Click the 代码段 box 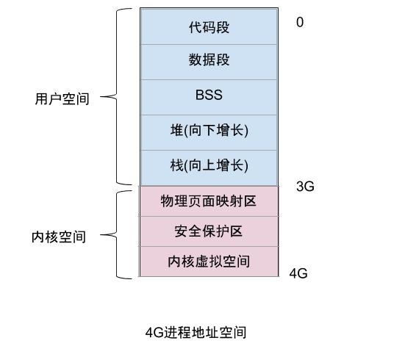pyautogui.click(x=209, y=27)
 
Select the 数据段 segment pyautogui.click(x=209, y=61)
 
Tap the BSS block pyautogui.click(x=209, y=96)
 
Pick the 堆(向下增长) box pyautogui.click(x=209, y=132)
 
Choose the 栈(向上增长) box pyautogui.click(x=209, y=166)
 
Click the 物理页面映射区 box pyautogui.click(x=209, y=201)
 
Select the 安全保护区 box pyautogui.click(x=209, y=231)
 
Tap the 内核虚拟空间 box pyautogui.click(x=209, y=262)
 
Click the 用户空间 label pyautogui.click(x=62, y=98)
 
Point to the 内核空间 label pyautogui.click(x=59, y=237)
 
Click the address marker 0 pyautogui.click(x=300, y=23)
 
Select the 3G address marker pyautogui.click(x=305, y=187)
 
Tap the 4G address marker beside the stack pyautogui.click(x=298, y=273)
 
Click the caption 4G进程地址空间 pyautogui.click(x=196, y=332)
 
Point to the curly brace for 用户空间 pyautogui.click(x=118, y=96)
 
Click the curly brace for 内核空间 pyautogui.click(x=118, y=235)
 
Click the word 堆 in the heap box pyautogui.click(x=176, y=132)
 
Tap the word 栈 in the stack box pyautogui.click(x=176, y=166)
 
